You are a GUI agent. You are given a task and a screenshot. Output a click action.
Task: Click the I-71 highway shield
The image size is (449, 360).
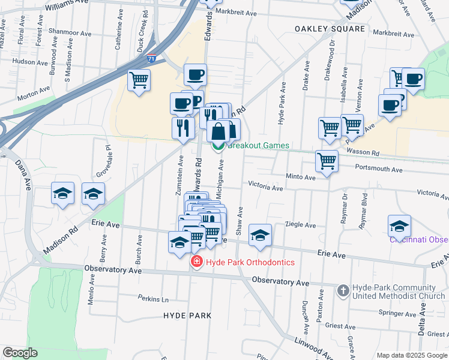(152, 59)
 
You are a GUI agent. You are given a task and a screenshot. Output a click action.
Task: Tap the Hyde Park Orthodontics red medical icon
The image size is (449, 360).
(196, 262)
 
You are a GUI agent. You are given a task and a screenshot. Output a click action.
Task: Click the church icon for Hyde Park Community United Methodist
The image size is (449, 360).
(343, 291)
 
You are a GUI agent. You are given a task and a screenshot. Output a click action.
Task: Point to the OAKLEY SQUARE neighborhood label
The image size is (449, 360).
(330, 29)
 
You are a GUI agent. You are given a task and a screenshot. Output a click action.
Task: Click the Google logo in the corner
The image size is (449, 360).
(20, 353)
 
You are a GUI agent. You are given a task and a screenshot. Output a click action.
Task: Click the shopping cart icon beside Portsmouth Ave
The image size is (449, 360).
(327, 162)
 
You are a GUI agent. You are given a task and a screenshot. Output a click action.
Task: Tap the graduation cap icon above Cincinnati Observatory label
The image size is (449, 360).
(399, 226)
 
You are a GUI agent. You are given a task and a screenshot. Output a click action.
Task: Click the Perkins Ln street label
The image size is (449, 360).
(152, 298)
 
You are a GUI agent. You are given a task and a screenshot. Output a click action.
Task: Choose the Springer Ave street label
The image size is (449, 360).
(397, 313)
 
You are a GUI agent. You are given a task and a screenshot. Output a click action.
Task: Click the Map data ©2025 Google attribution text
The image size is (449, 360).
(412, 355)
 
